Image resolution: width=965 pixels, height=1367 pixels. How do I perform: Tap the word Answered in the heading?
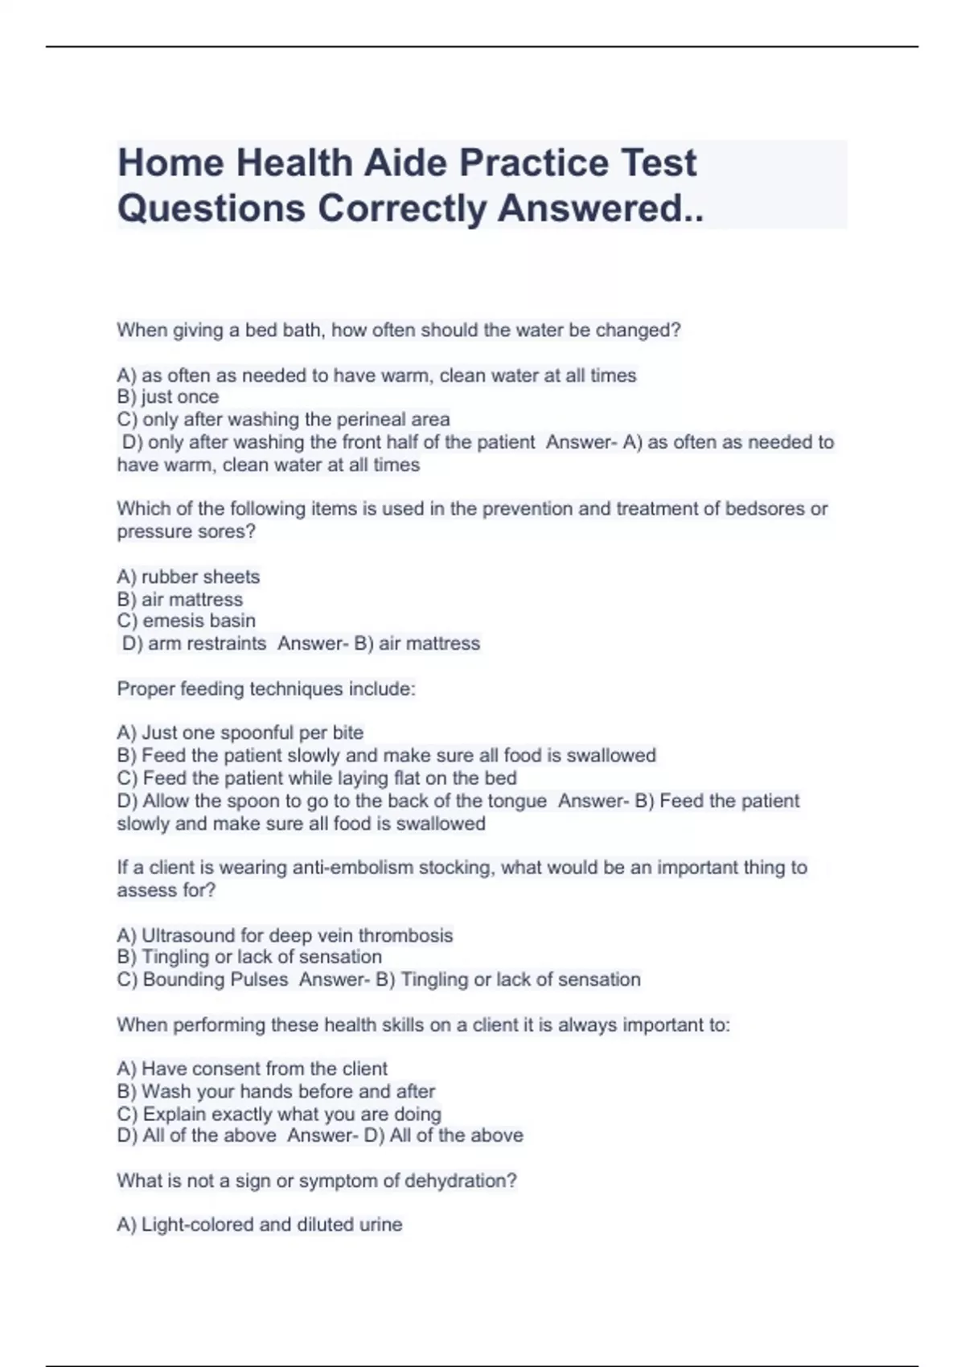598,208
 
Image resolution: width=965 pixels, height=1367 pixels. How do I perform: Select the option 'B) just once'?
168,397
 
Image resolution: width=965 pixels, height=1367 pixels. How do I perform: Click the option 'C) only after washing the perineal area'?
283,420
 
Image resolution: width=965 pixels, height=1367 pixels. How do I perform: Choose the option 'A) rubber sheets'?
188,577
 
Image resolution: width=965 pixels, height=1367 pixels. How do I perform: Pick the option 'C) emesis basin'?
187,621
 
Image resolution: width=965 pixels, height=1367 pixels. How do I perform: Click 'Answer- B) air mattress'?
379,643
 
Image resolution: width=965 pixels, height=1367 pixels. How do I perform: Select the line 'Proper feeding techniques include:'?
266,689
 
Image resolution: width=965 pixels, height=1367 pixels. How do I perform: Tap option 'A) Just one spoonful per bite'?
240,733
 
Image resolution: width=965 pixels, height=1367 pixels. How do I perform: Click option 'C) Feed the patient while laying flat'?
317,778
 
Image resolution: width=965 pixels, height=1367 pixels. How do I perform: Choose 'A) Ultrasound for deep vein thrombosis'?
285,935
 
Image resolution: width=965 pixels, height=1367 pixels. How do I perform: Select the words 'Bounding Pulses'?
216,979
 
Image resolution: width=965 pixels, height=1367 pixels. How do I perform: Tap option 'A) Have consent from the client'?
253,1069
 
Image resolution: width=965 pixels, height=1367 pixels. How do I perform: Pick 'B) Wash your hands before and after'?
276,1091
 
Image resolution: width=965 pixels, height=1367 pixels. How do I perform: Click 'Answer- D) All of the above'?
405,1135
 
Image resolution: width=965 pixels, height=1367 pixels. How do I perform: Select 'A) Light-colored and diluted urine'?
260,1225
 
